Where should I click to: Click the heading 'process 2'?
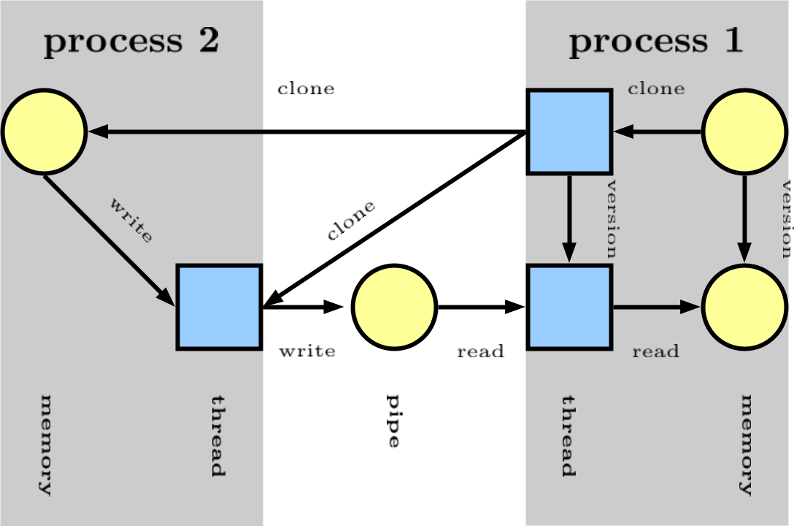131,42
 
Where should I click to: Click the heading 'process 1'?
655,42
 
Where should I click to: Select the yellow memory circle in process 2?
45,131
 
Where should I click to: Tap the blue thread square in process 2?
219,307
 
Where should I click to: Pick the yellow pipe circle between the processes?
394,307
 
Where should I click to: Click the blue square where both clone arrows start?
569,131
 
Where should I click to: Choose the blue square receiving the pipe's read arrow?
569,307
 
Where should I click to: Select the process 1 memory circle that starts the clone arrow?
744,131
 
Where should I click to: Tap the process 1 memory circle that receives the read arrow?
744,307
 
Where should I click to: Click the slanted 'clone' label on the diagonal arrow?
351,220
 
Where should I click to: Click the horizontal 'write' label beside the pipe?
307,351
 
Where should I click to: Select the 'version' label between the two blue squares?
612,219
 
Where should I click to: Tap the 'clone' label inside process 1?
656,89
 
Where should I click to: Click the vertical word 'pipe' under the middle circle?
393,421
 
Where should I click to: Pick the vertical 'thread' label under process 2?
218,435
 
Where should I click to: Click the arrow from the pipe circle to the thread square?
481,307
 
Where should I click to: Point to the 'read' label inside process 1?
655,351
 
